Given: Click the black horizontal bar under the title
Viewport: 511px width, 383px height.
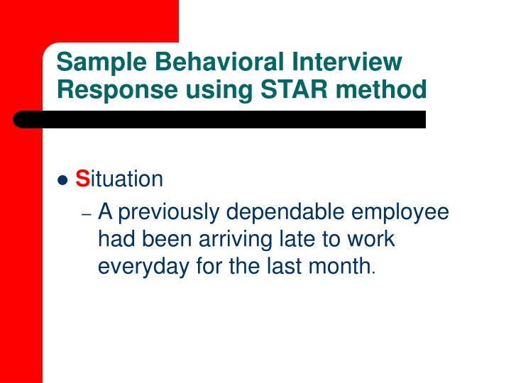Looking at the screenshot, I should (x=220, y=119).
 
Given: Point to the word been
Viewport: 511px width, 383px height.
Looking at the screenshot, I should (x=165, y=240).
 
